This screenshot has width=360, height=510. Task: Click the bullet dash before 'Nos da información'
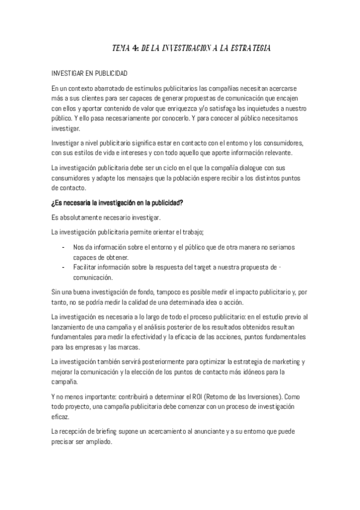click(64, 247)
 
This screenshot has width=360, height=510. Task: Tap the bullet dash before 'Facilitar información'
click(64, 267)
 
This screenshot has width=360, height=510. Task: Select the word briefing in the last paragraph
click(112, 432)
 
